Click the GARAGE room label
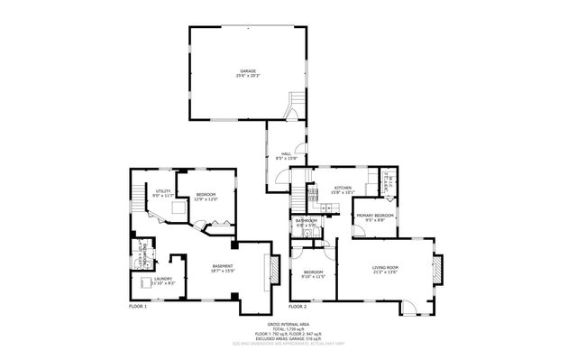(248, 70)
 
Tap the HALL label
(286, 155)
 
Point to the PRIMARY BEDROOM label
(374, 216)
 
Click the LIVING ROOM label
(385, 267)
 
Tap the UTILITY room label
(163, 190)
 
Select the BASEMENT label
(224, 266)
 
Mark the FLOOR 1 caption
(138, 307)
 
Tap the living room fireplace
(438, 270)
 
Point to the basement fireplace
(268, 271)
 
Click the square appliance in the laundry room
(146, 282)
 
